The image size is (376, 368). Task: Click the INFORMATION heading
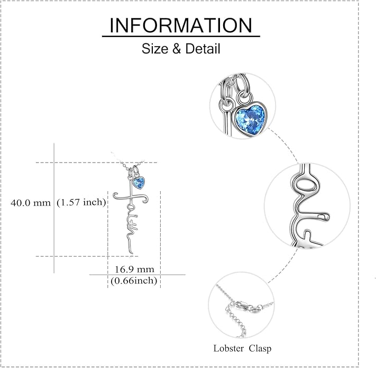[181, 25]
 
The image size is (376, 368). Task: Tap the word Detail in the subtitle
[203, 49]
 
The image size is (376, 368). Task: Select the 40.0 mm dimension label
[31, 203]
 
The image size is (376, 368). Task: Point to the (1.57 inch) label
[81, 202]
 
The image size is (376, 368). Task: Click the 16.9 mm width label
[134, 269]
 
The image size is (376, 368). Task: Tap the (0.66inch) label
[134, 281]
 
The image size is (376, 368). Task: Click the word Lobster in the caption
[229, 348]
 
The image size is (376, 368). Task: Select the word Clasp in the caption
[260, 348]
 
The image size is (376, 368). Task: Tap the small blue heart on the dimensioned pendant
[139, 183]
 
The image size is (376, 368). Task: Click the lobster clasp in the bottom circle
[246, 306]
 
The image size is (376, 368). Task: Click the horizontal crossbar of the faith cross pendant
[131, 198]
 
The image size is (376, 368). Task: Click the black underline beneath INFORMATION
[181, 36]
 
